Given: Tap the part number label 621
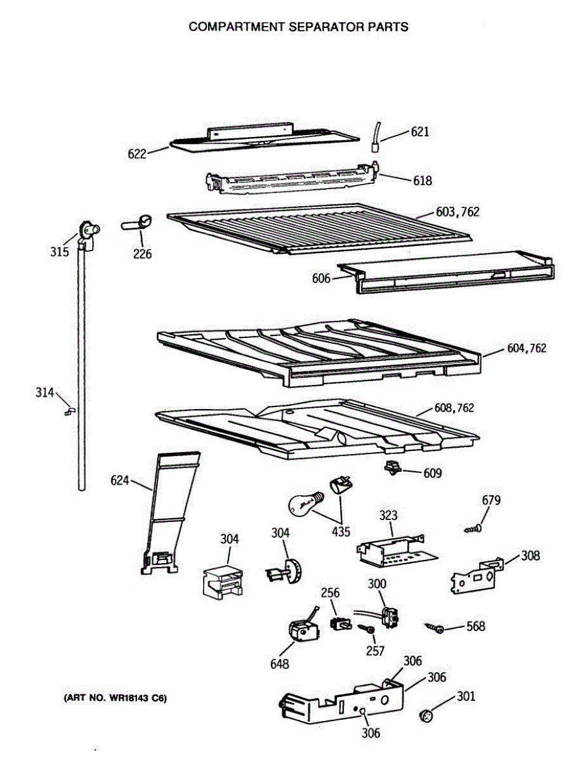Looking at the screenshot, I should (x=420, y=132).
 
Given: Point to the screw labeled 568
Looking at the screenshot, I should (x=435, y=628).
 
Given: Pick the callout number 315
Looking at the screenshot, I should (x=60, y=252).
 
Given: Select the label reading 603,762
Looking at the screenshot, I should (x=457, y=212).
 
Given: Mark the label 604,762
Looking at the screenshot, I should (x=527, y=348).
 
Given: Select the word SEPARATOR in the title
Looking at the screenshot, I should (x=311, y=27).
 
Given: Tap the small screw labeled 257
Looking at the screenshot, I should (x=365, y=628).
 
